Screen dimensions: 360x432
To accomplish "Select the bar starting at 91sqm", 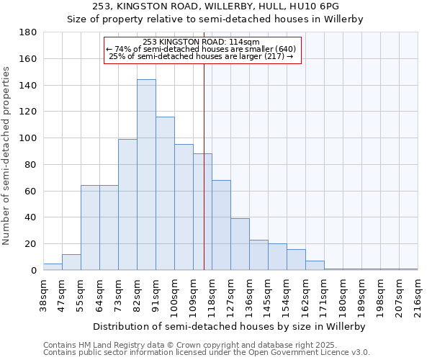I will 165,194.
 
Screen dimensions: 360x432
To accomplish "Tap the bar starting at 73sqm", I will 127,204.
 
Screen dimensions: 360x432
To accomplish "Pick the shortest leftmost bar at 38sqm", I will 53,267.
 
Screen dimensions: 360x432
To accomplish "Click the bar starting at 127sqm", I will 240,244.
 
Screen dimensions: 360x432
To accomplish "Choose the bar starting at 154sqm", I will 296,260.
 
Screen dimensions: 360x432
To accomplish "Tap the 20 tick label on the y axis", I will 32,244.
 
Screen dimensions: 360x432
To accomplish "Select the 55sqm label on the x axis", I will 81,293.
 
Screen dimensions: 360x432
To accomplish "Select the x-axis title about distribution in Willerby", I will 230,326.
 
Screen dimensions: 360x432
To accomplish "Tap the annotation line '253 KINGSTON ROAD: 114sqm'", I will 201,42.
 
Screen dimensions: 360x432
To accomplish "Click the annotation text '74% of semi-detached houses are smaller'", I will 201,49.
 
